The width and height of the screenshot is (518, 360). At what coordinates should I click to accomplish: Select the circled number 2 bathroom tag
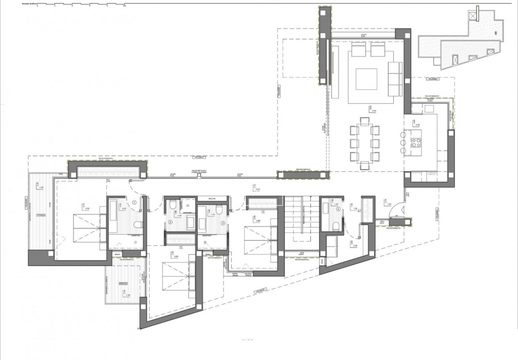coord(170,222)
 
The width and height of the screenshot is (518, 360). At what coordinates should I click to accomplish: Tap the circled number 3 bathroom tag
coord(223,222)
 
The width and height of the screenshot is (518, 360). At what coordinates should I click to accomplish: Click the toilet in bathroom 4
coord(336,226)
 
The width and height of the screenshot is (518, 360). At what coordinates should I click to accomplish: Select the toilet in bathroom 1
coord(138,225)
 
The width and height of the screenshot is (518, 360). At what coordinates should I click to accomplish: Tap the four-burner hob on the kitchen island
coord(415,142)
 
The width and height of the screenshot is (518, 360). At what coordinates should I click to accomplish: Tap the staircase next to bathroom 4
coord(300,216)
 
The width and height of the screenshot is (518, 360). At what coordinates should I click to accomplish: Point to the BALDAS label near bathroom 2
coord(212,198)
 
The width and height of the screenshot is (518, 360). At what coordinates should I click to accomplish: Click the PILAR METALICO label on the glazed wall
coord(199,171)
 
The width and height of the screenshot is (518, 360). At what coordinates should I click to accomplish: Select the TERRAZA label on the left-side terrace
coord(42,215)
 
